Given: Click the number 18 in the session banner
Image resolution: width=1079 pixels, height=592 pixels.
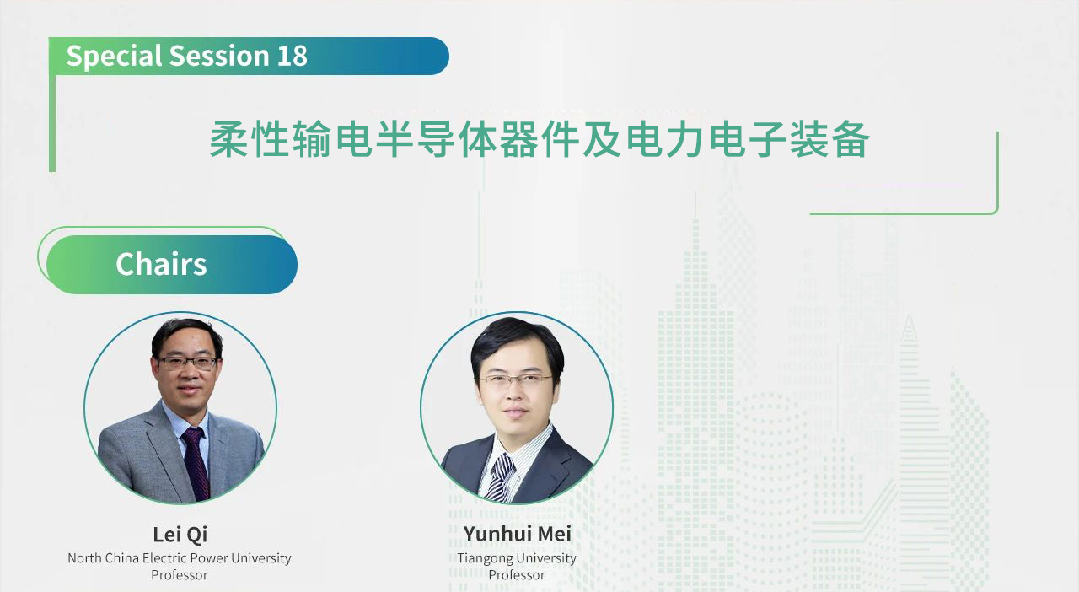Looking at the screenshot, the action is (x=292, y=56).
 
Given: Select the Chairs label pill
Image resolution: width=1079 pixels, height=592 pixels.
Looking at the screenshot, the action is (x=172, y=265).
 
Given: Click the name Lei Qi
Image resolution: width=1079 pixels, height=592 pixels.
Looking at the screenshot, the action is (x=180, y=535).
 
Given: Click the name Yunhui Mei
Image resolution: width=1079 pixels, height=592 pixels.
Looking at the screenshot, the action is (x=518, y=534).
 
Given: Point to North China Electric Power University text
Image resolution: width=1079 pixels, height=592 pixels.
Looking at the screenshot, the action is (x=180, y=557).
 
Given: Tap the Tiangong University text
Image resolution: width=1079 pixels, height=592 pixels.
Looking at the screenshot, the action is (x=517, y=558).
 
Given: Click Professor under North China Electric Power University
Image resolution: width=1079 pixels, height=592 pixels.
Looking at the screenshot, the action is (x=180, y=574).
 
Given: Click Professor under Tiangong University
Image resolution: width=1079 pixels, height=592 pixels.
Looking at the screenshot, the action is (x=517, y=574).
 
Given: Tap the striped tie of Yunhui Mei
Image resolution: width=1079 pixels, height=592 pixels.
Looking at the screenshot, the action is (x=500, y=477).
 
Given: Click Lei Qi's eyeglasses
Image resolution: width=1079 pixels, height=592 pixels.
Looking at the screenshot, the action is (x=187, y=363).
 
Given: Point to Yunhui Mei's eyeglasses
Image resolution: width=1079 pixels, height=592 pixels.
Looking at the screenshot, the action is (x=515, y=381).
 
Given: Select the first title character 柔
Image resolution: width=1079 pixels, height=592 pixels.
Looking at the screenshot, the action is (x=228, y=139).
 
